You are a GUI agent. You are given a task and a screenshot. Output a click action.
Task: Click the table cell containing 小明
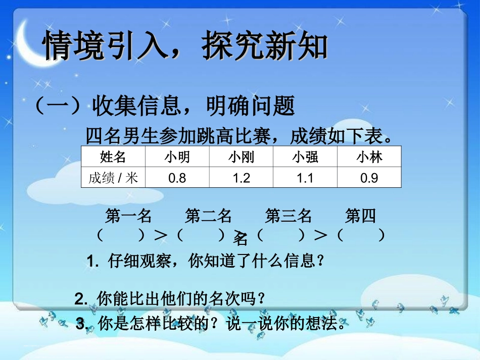click(177, 158)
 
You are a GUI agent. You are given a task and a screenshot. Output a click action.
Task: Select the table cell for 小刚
click(241, 158)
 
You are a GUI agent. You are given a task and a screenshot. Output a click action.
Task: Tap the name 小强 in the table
click(305, 158)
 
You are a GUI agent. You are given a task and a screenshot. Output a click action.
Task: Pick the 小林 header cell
click(369, 158)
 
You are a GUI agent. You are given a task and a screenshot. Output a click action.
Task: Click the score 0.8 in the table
click(177, 178)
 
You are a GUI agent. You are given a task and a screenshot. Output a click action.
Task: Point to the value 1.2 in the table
click(241, 178)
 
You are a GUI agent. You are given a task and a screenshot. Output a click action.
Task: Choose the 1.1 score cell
click(305, 178)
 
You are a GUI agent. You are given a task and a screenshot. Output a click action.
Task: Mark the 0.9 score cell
click(369, 178)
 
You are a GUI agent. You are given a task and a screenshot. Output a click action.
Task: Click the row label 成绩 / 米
click(113, 178)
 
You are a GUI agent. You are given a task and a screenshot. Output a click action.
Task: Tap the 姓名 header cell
click(113, 158)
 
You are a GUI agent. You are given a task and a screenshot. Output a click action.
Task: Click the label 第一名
click(128, 217)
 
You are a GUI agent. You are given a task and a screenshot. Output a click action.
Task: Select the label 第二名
click(208, 217)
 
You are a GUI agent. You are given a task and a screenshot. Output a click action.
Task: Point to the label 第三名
click(289, 217)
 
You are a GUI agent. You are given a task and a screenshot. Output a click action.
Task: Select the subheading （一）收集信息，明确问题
click(164, 106)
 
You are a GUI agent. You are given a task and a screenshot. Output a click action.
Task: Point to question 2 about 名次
click(170, 299)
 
